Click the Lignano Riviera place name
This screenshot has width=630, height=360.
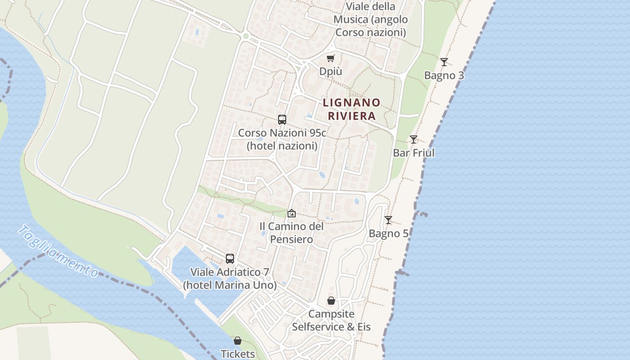coord(351,109)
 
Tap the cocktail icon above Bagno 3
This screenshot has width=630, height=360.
coord(444,62)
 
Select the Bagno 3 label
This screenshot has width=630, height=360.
coord(444,76)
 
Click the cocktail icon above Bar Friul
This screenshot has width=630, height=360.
coord(414,139)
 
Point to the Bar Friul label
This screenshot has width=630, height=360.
coord(414,153)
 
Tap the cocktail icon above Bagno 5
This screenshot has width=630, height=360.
coord(388,220)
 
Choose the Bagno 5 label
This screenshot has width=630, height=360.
coord(388,234)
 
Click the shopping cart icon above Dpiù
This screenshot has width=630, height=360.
coord(331,58)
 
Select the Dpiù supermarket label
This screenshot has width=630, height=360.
coord(331,72)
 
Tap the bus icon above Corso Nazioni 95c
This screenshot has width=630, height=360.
coord(282,120)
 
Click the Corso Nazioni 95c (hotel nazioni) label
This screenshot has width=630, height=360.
coord(282,139)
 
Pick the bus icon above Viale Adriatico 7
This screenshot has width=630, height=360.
coord(230,259)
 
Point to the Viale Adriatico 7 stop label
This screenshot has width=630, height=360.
coord(230,279)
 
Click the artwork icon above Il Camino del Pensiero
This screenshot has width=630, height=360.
coord(292,213)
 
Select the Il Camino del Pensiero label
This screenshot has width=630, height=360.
coord(292,233)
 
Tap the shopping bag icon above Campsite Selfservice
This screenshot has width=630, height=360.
coord(331,301)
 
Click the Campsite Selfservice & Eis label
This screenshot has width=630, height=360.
coord(331,320)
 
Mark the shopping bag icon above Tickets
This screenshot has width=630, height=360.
coord(238,341)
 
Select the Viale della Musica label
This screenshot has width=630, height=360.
coord(371,19)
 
